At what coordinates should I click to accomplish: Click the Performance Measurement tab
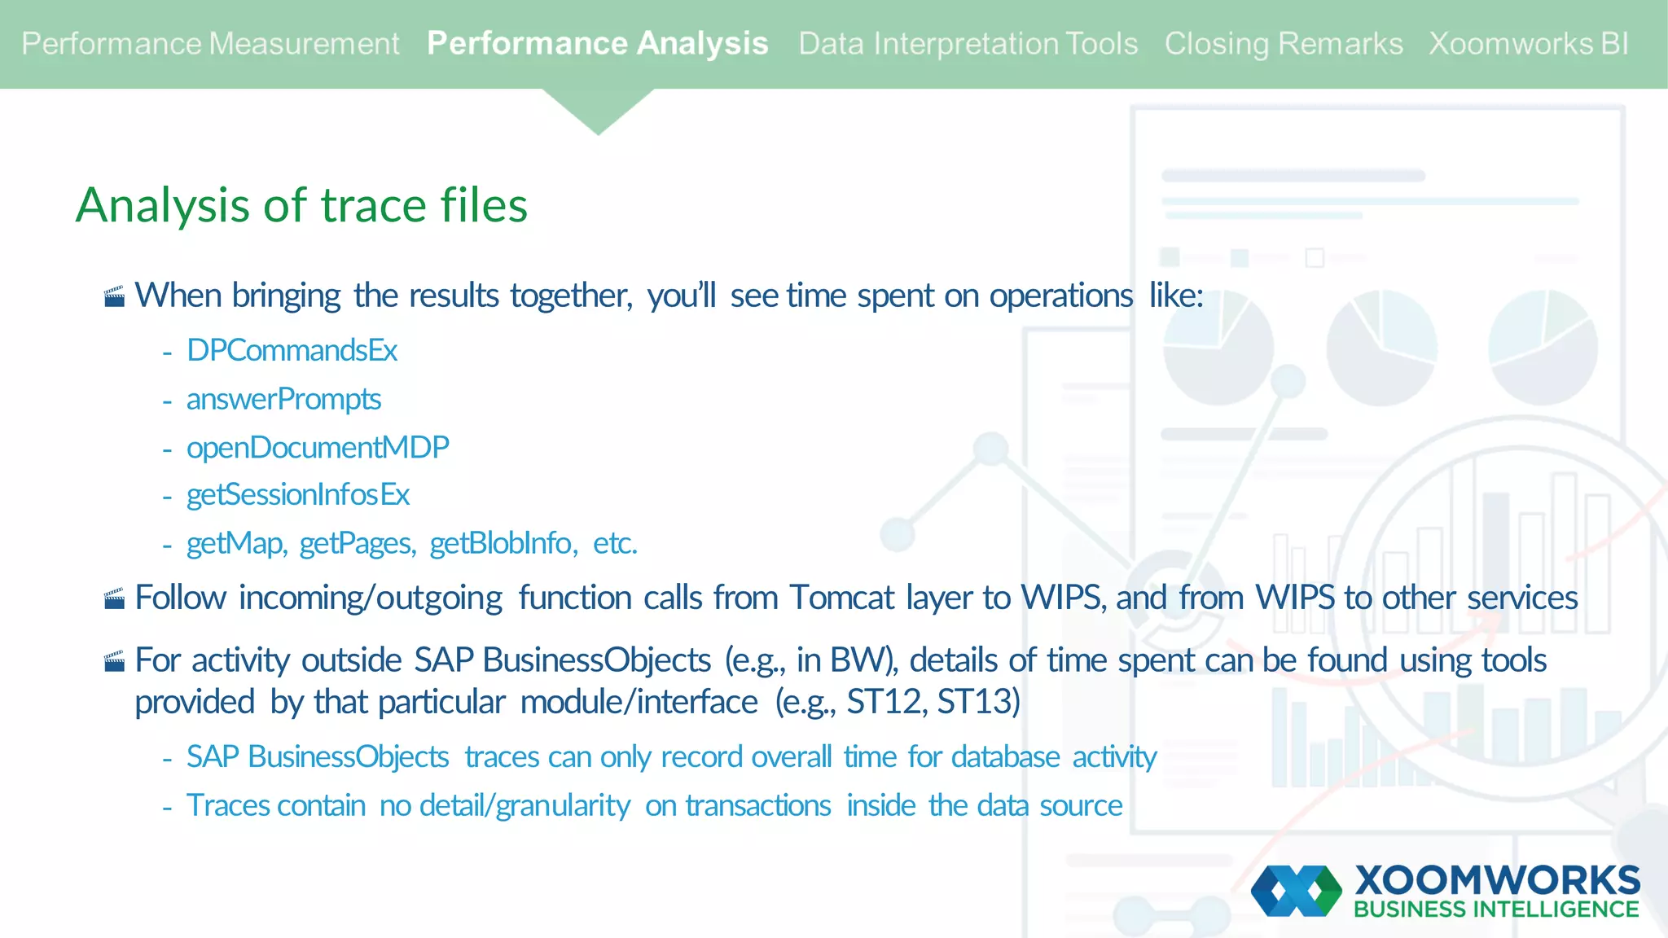point(210,44)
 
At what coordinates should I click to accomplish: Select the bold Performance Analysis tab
point(597,44)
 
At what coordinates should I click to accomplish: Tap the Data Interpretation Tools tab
point(968,44)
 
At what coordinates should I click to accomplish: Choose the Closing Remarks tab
point(1283,44)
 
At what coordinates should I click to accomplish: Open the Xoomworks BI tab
point(1528,44)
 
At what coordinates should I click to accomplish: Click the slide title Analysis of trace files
point(301,205)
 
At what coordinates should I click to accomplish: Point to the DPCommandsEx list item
point(292,351)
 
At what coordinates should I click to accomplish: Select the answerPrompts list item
point(283,400)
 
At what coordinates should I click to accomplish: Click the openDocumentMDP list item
point(318,448)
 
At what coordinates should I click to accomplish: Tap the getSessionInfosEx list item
point(297,495)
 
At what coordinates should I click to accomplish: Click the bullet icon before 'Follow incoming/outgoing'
point(115,599)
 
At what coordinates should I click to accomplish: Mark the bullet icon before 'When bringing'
point(115,296)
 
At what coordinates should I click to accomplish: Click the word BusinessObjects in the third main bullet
point(596,660)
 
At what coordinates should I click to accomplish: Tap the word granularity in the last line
point(563,806)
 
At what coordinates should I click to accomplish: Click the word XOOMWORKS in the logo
point(1497,881)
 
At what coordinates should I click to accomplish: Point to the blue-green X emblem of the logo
point(1296,891)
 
